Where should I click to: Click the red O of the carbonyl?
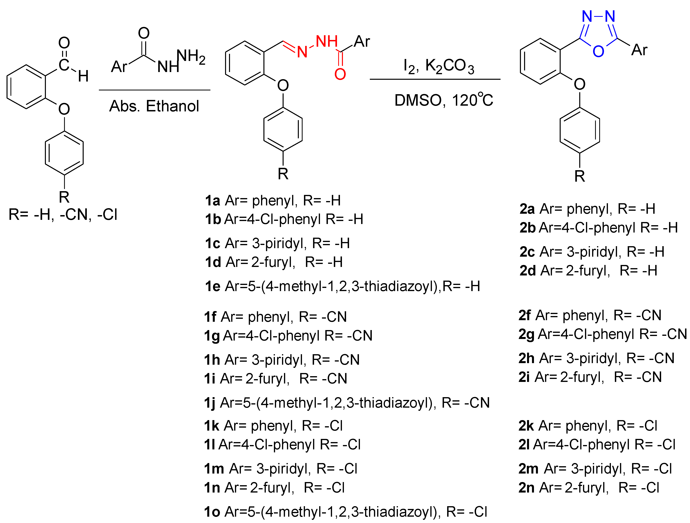(340, 74)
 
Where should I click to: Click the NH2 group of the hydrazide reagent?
(191, 57)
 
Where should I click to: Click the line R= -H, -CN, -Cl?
(63, 215)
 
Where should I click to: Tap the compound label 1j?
(210, 403)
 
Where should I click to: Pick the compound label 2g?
(526, 334)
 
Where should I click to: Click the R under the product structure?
(580, 176)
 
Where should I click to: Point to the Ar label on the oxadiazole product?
(639, 50)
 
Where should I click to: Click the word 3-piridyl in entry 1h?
(278, 360)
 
